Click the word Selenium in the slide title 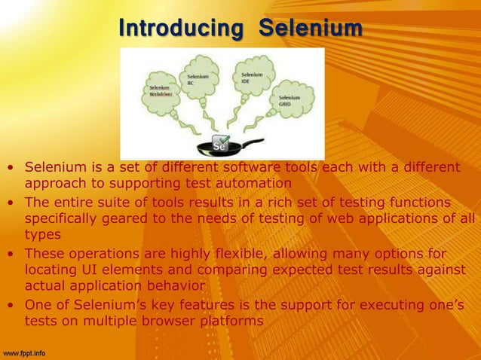(311, 29)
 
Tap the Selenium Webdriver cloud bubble (159, 92)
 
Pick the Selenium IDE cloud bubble (252, 78)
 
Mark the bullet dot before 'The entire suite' (11, 203)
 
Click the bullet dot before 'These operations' (11, 254)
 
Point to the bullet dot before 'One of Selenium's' (11, 305)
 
